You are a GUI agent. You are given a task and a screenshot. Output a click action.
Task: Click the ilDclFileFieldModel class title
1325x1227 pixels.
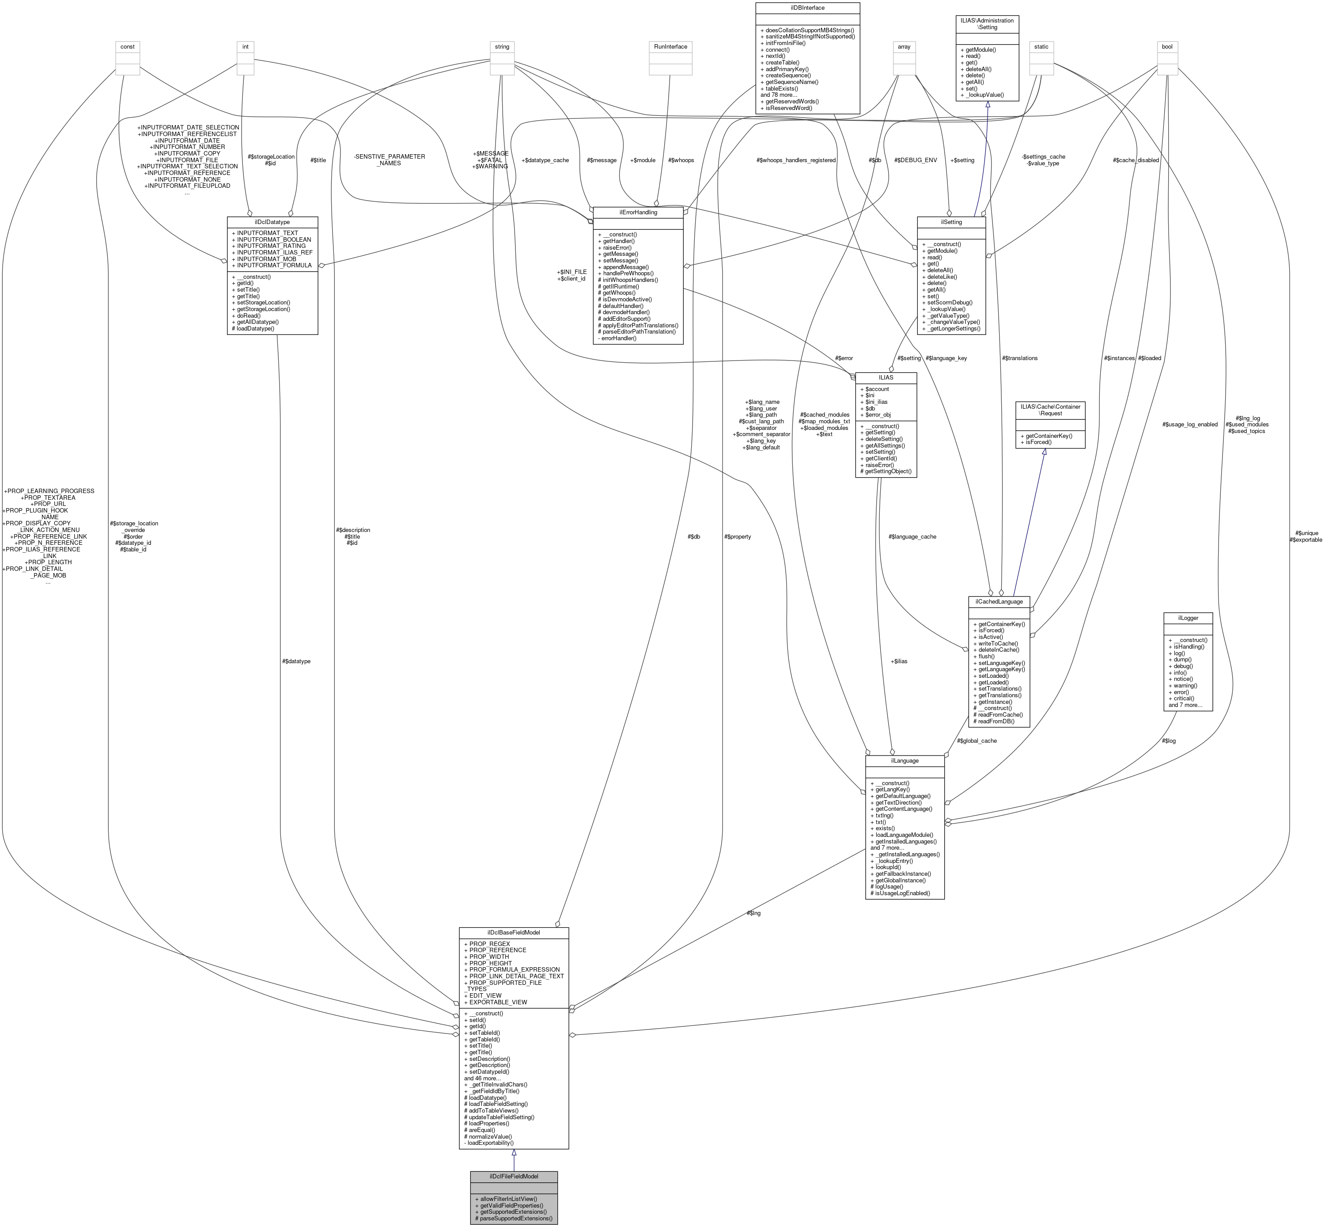(x=513, y=1176)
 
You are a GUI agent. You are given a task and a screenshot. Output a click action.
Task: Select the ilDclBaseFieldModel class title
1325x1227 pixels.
(x=513, y=932)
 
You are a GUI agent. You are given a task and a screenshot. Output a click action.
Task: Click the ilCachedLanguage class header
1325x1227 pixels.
(x=999, y=601)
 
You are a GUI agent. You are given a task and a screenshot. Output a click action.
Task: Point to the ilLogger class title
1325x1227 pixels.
(x=1188, y=618)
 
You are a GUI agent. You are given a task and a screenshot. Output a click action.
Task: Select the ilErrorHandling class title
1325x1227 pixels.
(x=638, y=212)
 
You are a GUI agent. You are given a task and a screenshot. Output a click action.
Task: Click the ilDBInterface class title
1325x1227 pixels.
(x=807, y=8)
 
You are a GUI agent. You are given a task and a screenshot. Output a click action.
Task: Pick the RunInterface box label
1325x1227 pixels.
(x=670, y=46)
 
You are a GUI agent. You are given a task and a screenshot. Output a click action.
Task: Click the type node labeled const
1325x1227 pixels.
(x=128, y=46)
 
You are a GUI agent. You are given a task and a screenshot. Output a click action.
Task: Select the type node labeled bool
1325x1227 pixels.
(x=1166, y=46)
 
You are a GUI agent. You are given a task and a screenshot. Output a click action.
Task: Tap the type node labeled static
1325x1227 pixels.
(x=1040, y=46)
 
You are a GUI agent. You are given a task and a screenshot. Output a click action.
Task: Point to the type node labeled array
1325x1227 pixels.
(x=904, y=46)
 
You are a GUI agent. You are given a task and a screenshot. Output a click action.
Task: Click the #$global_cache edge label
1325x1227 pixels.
(x=977, y=741)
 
